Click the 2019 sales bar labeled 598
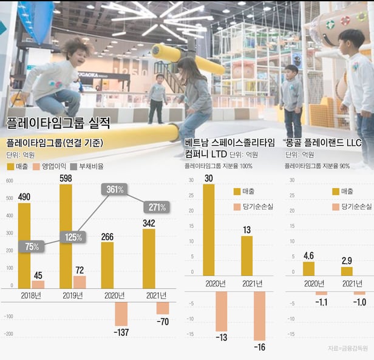pos(66,236)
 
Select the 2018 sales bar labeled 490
pos(24,245)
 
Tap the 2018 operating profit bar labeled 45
pos(38,284)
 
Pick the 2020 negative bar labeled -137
pos(121,314)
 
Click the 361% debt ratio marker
pos(114,189)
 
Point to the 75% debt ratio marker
pos(31,246)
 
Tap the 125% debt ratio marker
pos(72,237)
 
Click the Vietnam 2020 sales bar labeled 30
pos(208,229)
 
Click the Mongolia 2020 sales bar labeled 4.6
pos(309,268)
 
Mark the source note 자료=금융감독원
pos(347,348)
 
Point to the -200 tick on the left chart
pos(9,333)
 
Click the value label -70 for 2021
pos(162,321)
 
